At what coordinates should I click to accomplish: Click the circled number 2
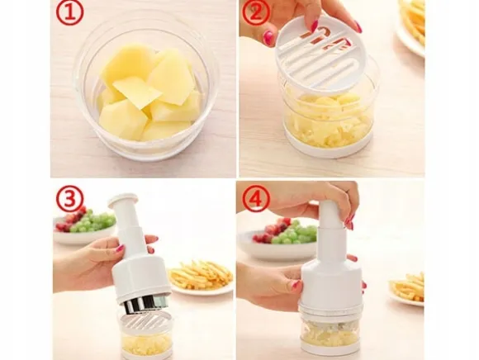pos(256,12)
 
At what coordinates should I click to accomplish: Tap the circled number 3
pos(69,199)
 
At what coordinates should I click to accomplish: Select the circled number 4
pos(256,199)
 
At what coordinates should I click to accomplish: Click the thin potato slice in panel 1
pos(137,92)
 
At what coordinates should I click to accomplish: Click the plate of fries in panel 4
pos(407,288)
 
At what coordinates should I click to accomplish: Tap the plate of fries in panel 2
pos(411,26)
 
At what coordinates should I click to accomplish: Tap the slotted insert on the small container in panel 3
pos(146,320)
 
